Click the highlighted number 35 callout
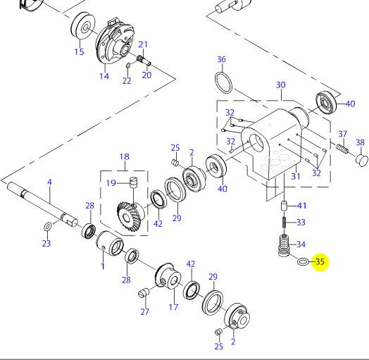320,262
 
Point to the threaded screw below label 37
342,149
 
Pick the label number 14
104,76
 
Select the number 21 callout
143,44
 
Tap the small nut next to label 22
127,67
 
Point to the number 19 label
112,183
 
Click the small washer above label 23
46,227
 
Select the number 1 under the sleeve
103,266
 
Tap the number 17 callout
173,306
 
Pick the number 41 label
301,206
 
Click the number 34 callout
301,244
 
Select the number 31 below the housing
296,176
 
